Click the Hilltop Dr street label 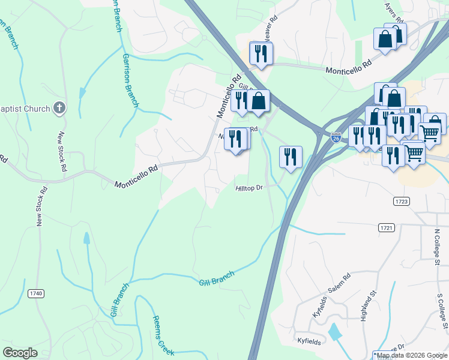(x=250, y=188)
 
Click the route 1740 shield (x=36, y=293)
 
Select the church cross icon (x=59, y=108)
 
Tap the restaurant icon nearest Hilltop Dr (x=290, y=157)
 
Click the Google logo (x=20, y=353)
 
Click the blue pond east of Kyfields (x=334, y=332)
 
